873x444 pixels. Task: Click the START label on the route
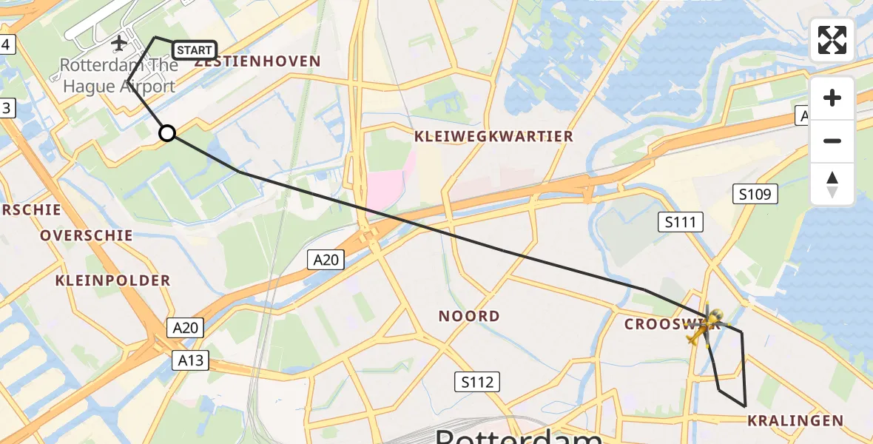pos(195,50)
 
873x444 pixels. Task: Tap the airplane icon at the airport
pos(118,44)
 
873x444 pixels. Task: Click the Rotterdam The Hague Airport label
pos(119,75)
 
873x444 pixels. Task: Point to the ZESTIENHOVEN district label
pos(257,61)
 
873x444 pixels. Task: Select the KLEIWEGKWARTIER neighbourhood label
pos(493,136)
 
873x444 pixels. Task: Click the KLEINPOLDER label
pos(112,280)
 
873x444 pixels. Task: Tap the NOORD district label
pos(469,316)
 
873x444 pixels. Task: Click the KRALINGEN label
pos(795,421)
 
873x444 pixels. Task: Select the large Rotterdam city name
pos(518,435)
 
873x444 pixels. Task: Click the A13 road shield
pos(191,360)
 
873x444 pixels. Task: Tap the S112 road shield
pos(476,382)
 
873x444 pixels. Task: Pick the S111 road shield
pos(681,222)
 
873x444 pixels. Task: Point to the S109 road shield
pos(755,195)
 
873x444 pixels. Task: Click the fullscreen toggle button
pos(832,40)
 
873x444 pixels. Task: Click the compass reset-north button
pos(832,184)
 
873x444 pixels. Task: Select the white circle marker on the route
pos(167,133)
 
